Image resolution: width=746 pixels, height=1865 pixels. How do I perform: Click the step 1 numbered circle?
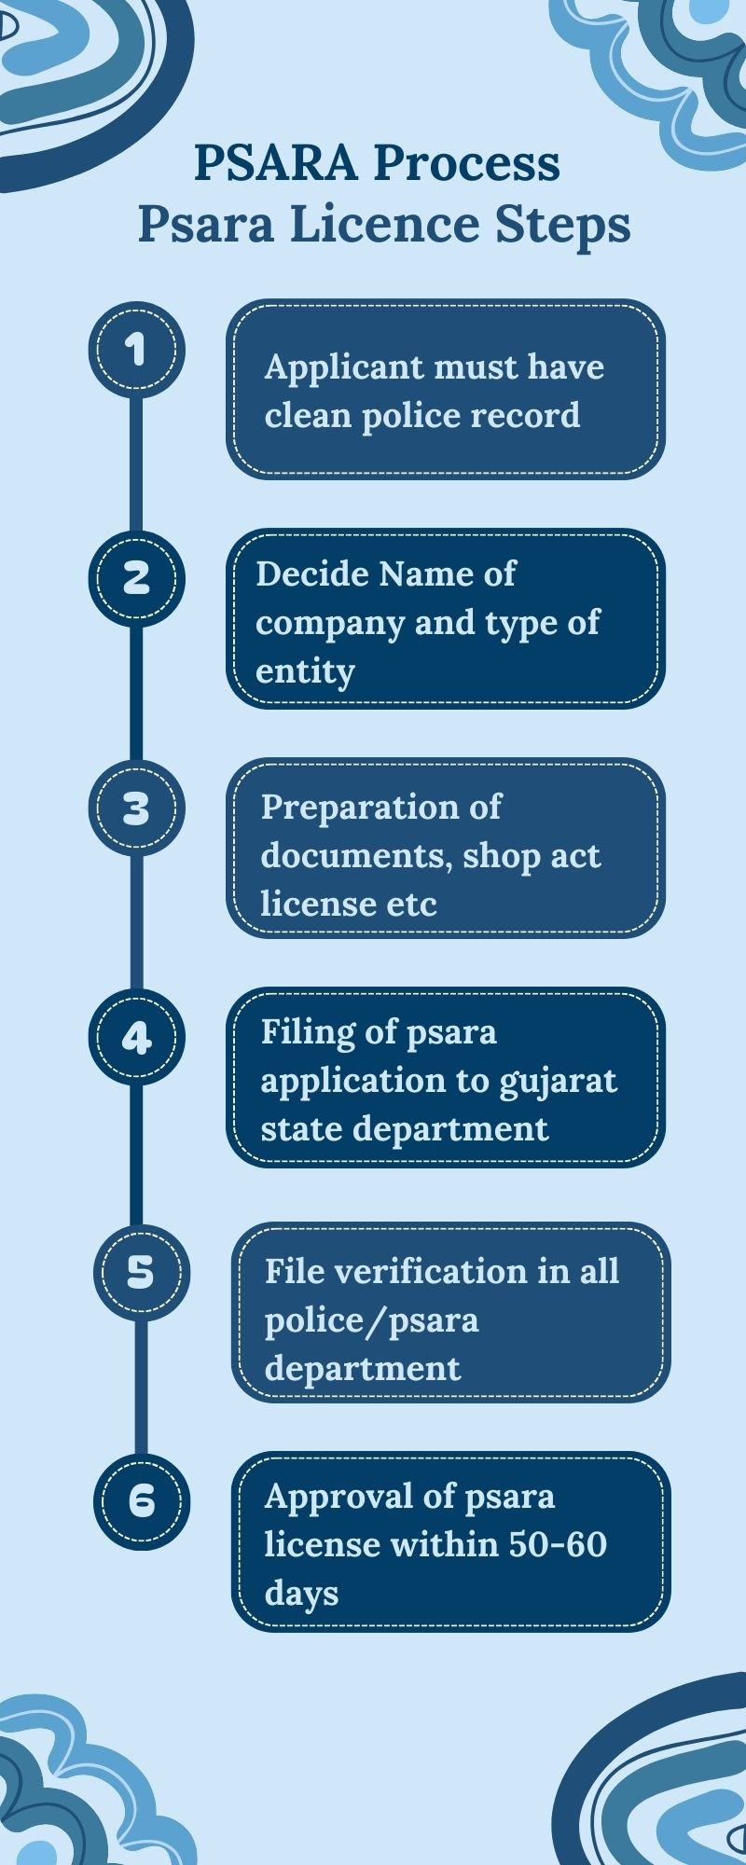coord(137,350)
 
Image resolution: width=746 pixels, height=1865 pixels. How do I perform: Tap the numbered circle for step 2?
coord(137,578)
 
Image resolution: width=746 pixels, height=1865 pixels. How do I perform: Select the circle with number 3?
coord(137,808)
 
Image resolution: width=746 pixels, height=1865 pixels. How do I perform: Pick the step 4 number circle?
coord(137,1037)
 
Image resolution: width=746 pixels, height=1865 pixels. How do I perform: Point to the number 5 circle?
coord(142,1271)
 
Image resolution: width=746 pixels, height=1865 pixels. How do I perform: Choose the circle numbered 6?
coord(142,1500)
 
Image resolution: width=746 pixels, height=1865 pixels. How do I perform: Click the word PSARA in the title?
coord(276,163)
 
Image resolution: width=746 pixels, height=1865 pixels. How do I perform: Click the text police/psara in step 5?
coord(371,1321)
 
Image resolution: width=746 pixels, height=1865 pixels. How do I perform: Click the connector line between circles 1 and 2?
coord(137,463)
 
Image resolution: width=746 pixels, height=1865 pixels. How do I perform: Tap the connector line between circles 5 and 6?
coord(142,1386)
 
